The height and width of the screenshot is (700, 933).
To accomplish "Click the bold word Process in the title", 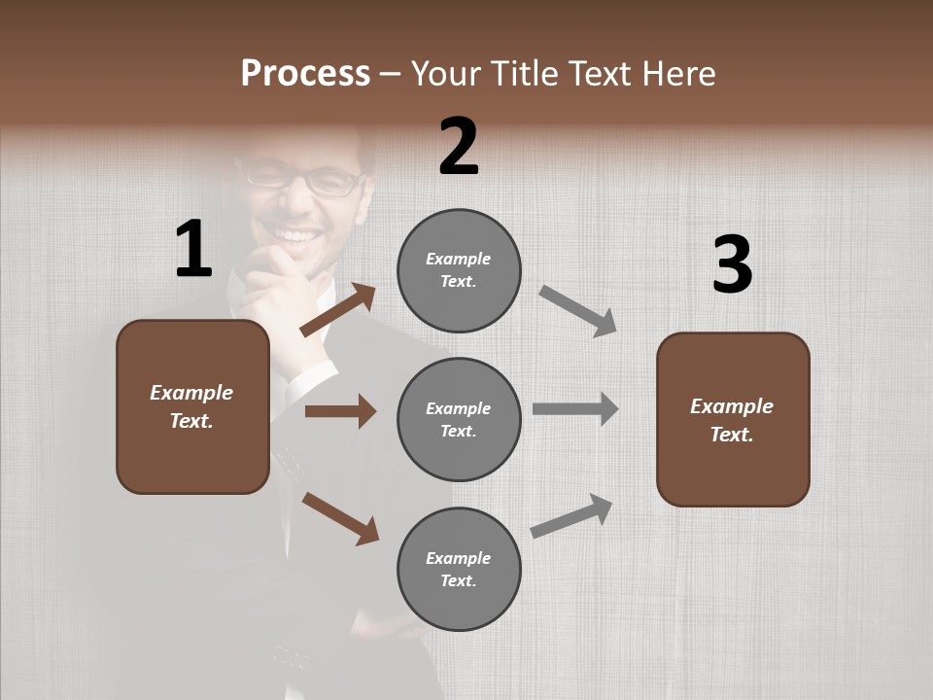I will (305, 73).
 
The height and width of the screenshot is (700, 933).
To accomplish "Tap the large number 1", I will (193, 249).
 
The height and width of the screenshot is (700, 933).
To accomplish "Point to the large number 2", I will (459, 147).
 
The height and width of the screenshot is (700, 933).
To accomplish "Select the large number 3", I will (732, 265).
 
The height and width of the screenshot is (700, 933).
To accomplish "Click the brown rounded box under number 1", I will (192, 406).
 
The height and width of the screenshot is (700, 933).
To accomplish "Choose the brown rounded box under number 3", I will (733, 419).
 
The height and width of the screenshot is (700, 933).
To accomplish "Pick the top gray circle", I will (459, 270).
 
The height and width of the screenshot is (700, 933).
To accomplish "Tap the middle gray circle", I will (459, 419).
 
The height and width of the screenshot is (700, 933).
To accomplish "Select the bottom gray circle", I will (459, 569).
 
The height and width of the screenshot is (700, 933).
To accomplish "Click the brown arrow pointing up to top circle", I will (338, 311).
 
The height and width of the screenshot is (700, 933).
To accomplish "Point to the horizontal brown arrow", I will (340, 411).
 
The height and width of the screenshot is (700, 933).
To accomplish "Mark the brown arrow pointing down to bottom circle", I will (340, 518).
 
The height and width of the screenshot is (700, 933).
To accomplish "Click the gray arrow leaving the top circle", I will (578, 311).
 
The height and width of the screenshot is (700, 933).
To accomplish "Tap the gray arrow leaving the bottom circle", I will (571, 515).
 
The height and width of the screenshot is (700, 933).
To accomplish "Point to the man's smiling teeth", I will (297, 236).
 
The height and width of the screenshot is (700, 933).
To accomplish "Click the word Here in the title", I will (676, 73).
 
